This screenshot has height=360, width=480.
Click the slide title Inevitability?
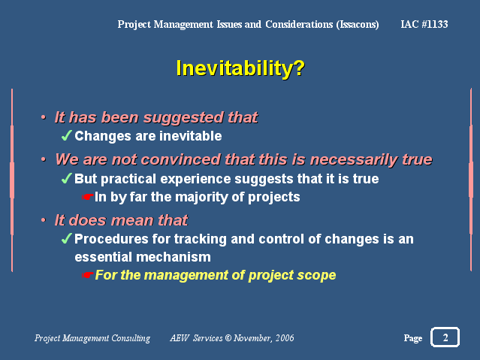tap(240, 68)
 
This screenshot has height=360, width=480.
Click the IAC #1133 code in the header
tap(424, 24)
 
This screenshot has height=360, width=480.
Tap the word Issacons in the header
tap(358, 25)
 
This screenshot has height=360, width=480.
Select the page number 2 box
tap(445, 337)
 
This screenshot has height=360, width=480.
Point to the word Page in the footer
tap(413, 338)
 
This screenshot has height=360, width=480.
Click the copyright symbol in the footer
tap(228, 337)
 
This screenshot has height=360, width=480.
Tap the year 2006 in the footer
tap(285, 337)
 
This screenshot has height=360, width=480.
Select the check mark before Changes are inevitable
tap(66, 135)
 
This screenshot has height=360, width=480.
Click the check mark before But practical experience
tap(66, 178)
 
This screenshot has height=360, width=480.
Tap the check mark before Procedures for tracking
tap(66, 238)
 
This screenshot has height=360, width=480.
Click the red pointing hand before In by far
tap(88, 197)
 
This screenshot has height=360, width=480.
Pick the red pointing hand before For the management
tap(88, 275)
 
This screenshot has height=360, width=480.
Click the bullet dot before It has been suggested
tap(44, 117)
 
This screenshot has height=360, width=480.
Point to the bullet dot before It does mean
tap(44, 220)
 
